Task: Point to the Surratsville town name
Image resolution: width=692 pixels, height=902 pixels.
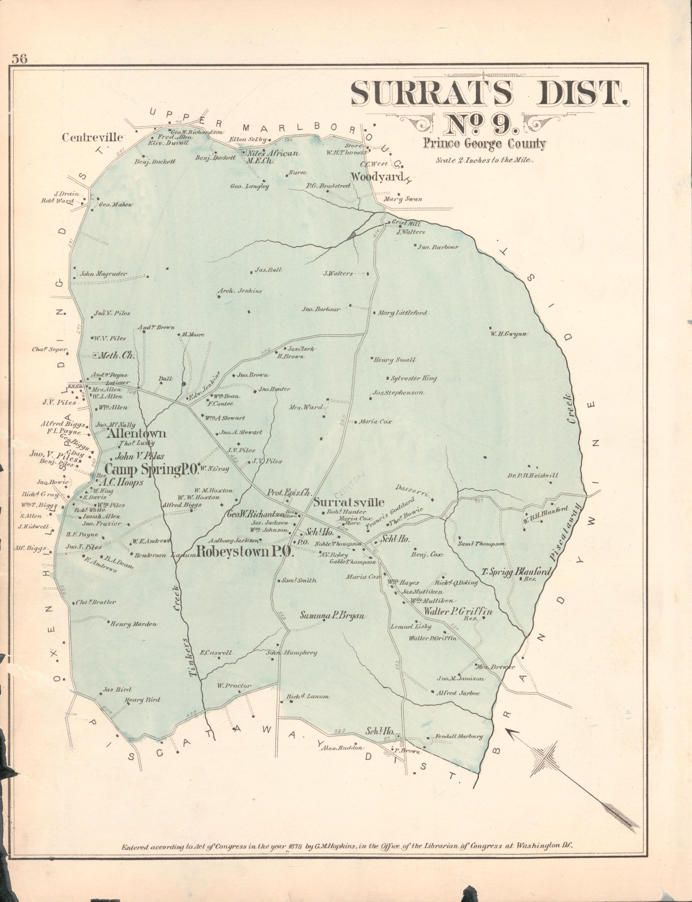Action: (x=348, y=502)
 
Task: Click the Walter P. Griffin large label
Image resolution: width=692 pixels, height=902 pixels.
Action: (x=458, y=612)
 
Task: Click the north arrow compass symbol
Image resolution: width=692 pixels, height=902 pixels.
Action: (x=548, y=757)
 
